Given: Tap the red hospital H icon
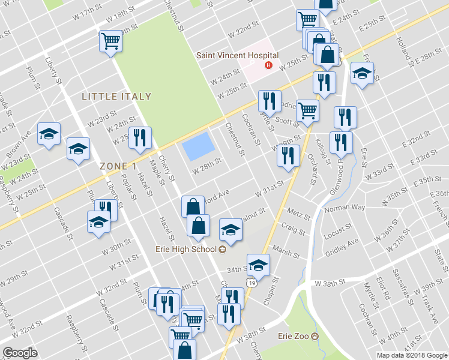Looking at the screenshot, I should [x=269, y=65].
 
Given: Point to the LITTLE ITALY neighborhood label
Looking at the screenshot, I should [x=116, y=96].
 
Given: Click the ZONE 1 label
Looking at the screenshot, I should [x=115, y=166].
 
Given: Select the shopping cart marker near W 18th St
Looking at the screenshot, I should [x=110, y=41].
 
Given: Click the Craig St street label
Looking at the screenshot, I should [x=292, y=227].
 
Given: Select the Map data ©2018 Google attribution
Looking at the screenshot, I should [x=411, y=355].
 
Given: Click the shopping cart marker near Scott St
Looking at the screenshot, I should [x=307, y=110].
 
